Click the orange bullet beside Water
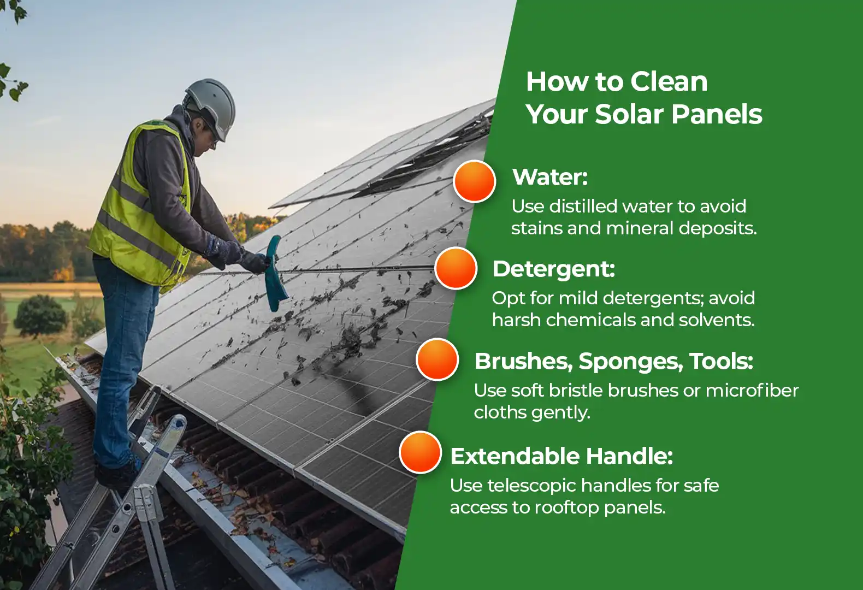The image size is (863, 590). click(x=474, y=181)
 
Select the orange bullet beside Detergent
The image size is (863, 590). click(x=456, y=268)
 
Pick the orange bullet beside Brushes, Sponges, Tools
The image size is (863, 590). click(x=437, y=359)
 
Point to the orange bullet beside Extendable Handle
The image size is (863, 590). click(x=420, y=452)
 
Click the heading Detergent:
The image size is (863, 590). click(x=553, y=269)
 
